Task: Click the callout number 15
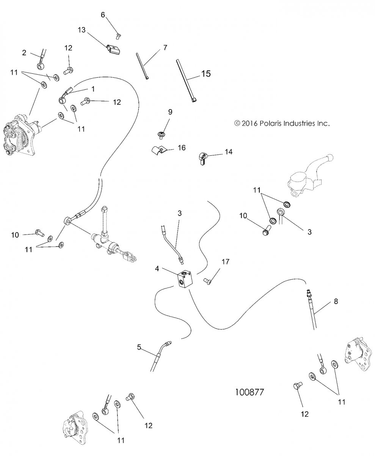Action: [x=205, y=73]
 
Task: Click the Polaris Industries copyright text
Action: [x=282, y=123]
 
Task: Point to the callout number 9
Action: [x=170, y=112]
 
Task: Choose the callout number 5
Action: [x=139, y=347]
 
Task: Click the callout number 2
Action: [x=24, y=53]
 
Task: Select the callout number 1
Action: [x=92, y=88]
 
